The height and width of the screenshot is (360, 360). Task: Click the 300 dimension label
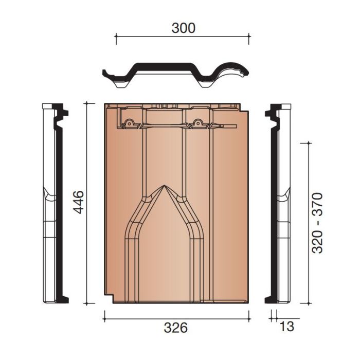coord(183,28)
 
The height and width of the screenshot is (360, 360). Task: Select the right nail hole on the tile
coord(197,123)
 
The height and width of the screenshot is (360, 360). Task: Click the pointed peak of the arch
coord(164,186)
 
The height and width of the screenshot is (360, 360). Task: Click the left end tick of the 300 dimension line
coord(116,35)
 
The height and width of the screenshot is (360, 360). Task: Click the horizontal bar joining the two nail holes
coord(164,125)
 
